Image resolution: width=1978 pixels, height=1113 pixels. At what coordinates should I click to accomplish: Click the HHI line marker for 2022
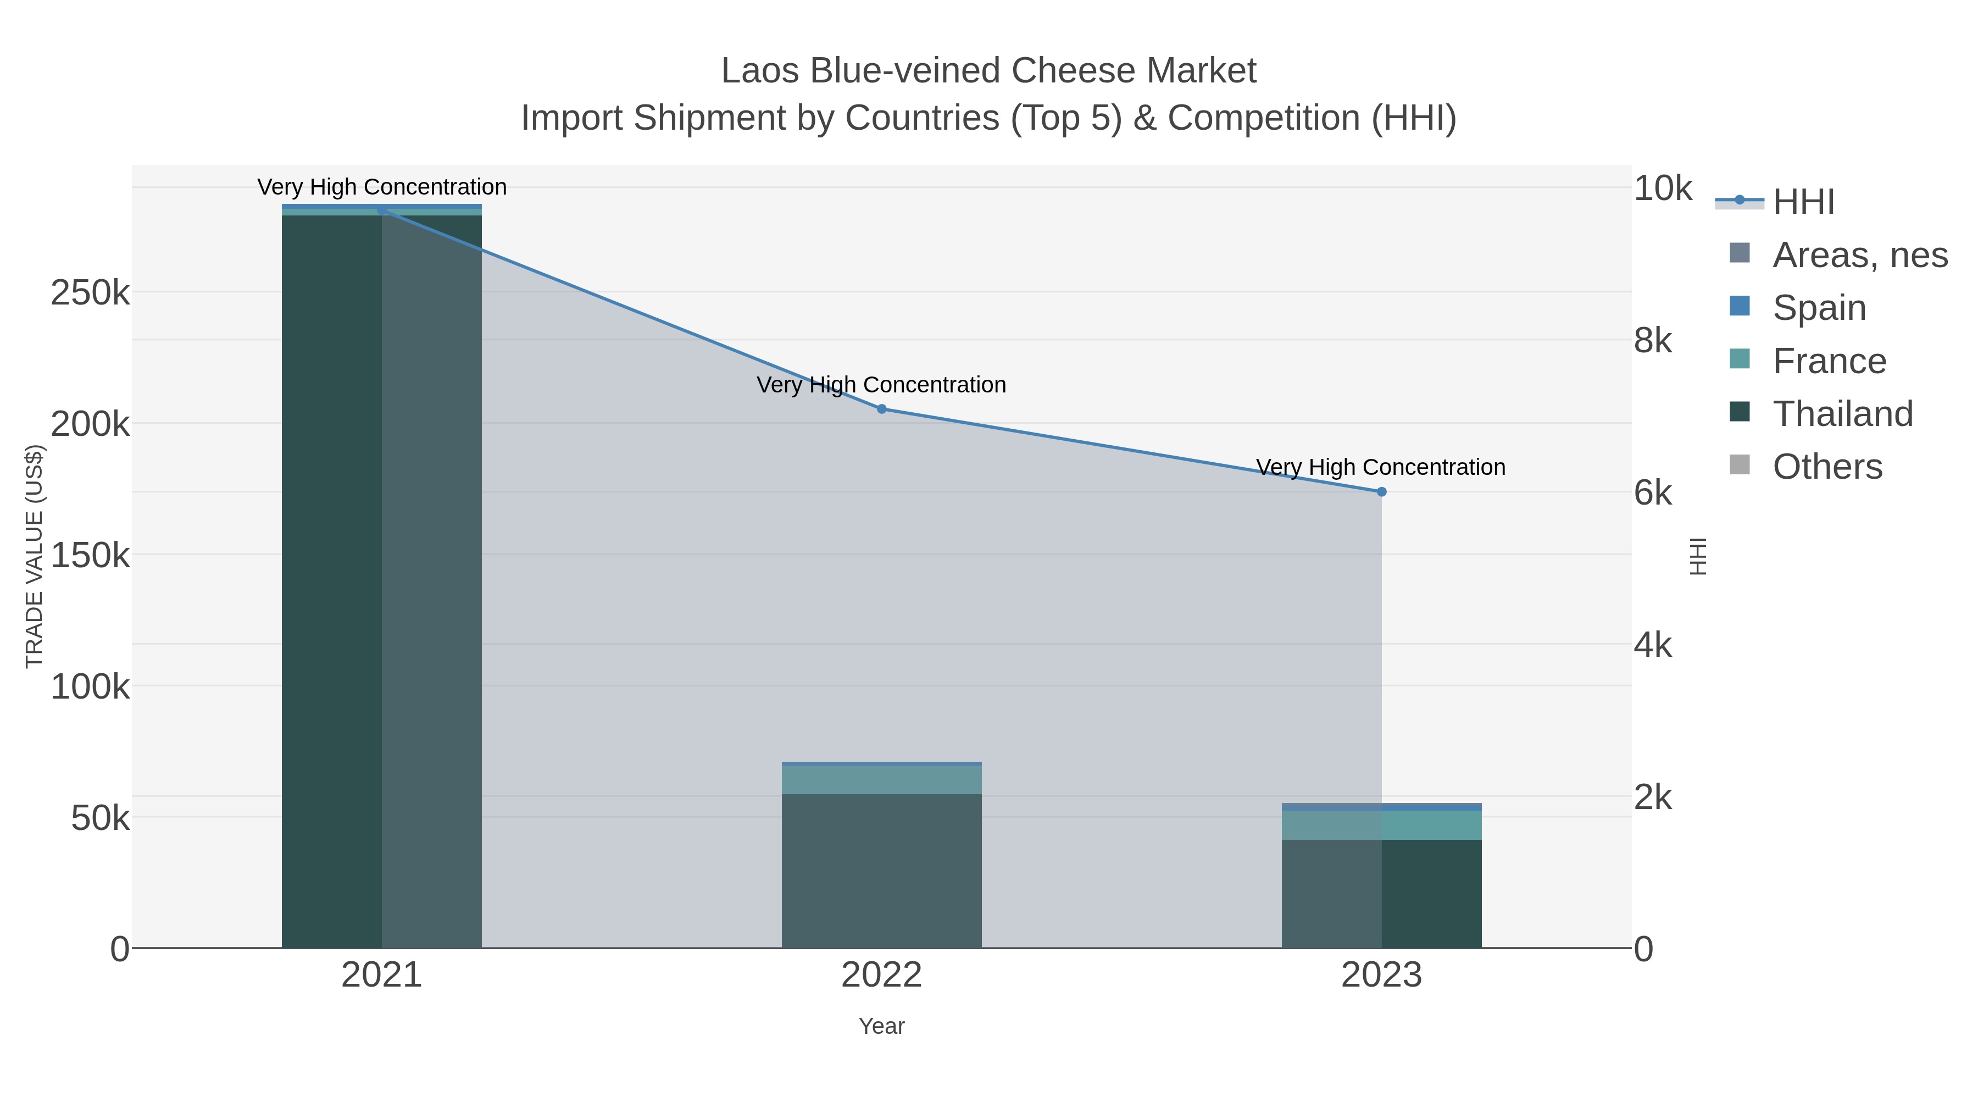click(881, 408)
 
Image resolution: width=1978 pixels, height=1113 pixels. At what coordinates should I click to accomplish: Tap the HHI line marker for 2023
click(1381, 491)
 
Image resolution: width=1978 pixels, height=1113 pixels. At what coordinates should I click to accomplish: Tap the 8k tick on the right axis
click(1652, 340)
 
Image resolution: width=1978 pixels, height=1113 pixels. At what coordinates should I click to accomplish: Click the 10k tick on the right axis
click(1662, 188)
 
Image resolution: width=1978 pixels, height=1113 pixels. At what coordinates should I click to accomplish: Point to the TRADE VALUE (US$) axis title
click(35, 556)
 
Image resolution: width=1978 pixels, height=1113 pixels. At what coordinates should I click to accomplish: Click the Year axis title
click(881, 1026)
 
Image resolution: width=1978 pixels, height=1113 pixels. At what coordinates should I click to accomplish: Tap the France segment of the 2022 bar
click(881, 779)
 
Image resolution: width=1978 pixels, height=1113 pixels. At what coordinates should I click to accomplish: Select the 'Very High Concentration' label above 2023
click(1381, 467)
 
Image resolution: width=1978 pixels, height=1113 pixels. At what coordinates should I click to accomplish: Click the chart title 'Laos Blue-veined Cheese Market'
click(988, 71)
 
